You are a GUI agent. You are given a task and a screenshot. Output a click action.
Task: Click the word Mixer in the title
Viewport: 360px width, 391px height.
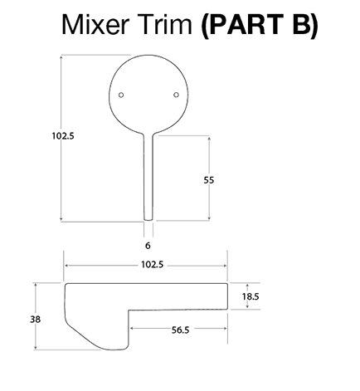tap(95, 24)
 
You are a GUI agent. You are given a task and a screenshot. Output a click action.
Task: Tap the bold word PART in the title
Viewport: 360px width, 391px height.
tap(242, 24)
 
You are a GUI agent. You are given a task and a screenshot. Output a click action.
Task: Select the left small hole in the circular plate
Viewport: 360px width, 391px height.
tap(121, 95)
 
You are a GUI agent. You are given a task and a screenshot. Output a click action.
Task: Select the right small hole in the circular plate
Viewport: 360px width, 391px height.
tap(176, 95)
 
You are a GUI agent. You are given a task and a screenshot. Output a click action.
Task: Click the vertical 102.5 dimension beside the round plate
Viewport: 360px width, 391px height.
tap(63, 136)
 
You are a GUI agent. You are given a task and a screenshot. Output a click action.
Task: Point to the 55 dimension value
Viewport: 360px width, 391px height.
tap(209, 180)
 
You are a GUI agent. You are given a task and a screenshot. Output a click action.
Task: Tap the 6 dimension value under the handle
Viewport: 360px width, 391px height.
tap(148, 246)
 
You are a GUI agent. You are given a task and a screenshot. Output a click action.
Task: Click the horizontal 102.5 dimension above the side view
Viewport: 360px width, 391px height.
tap(153, 265)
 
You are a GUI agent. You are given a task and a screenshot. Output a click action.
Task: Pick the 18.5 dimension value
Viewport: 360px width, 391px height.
tap(251, 296)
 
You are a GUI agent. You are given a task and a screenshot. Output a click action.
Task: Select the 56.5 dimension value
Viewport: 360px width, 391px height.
tap(180, 330)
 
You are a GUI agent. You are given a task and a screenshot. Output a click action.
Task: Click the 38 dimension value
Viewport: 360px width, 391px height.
tap(35, 320)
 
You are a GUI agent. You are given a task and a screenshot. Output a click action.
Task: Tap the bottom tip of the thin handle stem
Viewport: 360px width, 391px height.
tap(148, 220)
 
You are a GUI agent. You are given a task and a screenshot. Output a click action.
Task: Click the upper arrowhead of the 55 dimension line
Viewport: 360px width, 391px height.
tap(209, 138)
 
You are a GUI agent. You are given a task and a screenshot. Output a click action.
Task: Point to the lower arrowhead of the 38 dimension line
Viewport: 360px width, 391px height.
tap(36, 347)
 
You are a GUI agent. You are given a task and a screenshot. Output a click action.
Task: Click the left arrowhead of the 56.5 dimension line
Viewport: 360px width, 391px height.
tap(132, 328)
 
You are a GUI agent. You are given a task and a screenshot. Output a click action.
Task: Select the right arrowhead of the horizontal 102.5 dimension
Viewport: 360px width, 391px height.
tap(224, 266)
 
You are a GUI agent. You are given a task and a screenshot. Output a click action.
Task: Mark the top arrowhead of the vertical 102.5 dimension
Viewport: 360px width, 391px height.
tap(61, 57)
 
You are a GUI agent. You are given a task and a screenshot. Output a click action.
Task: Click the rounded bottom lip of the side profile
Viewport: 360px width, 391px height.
tap(114, 349)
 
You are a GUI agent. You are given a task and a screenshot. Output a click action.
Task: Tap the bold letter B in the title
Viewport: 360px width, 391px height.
tap(301, 24)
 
